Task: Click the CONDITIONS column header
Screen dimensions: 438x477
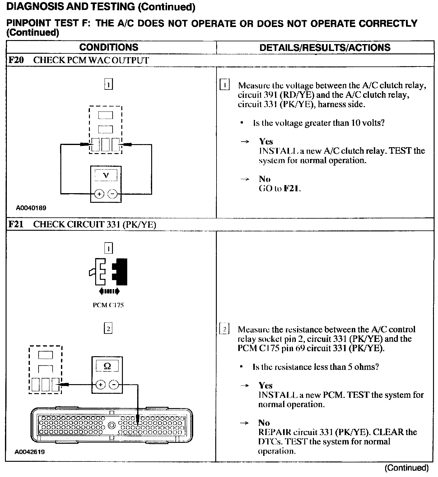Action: [109, 47]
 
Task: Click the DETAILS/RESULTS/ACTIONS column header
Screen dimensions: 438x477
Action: [325, 48]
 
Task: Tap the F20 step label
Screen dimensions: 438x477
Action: [16, 60]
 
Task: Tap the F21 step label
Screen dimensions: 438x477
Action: [16, 224]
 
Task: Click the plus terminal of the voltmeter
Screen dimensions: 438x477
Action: [99, 194]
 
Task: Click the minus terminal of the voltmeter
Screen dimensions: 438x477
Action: [112, 194]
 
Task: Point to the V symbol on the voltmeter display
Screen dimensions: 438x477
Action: [106, 175]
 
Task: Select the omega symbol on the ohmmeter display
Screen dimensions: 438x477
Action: [107, 366]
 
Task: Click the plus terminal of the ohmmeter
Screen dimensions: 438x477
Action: [100, 385]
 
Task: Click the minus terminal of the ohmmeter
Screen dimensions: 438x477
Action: [114, 385]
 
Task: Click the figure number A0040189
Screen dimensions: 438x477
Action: [31, 208]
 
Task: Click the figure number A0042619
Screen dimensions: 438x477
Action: [30, 452]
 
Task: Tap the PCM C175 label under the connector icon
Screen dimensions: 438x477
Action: [108, 305]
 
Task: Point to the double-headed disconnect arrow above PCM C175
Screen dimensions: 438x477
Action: [109, 291]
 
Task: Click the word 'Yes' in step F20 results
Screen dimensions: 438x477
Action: [266, 142]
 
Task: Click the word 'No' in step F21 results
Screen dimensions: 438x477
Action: [264, 423]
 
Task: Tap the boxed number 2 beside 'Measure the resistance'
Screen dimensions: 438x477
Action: [224, 329]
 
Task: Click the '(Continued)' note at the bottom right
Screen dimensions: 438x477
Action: [406, 468]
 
